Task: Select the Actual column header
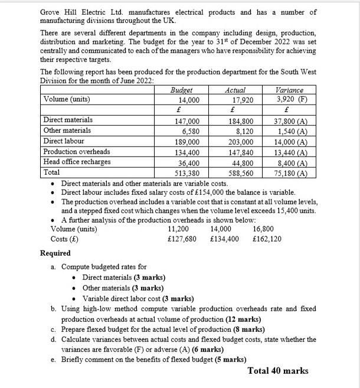tap(235, 90)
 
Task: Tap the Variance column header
tap(289, 90)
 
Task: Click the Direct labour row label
tap(64, 141)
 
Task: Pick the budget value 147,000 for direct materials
tap(186, 120)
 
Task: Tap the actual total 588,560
tap(240, 173)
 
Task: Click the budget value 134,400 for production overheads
tap(186, 152)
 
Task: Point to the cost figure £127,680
tap(182, 239)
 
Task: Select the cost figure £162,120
tap(267, 239)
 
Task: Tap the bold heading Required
tap(55, 253)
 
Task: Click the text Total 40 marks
tap(278, 371)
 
